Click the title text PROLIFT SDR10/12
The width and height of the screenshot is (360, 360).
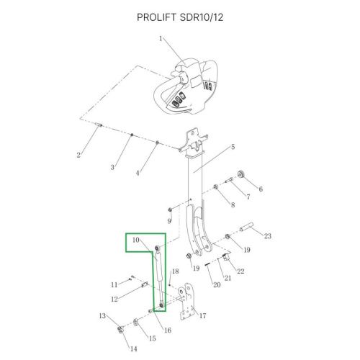(x=179, y=17)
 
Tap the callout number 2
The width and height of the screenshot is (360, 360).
(x=78, y=155)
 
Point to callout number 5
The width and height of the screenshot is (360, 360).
(x=233, y=147)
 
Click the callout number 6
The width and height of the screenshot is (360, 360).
(x=261, y=189)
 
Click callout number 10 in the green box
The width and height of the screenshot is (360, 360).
(x=136, y=239)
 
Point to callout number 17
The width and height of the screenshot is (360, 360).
(x=202, y=315)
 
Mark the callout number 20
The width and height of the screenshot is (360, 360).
(x=215, y=285)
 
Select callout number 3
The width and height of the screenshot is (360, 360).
(x=112, y=167)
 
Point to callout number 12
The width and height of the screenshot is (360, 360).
(x=114, y=299)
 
